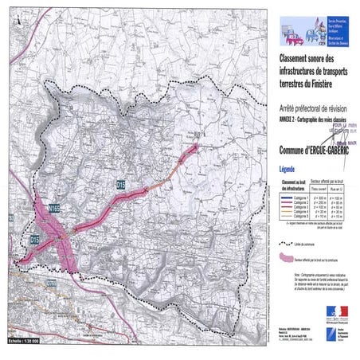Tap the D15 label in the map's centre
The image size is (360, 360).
121,185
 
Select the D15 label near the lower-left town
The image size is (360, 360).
35,239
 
